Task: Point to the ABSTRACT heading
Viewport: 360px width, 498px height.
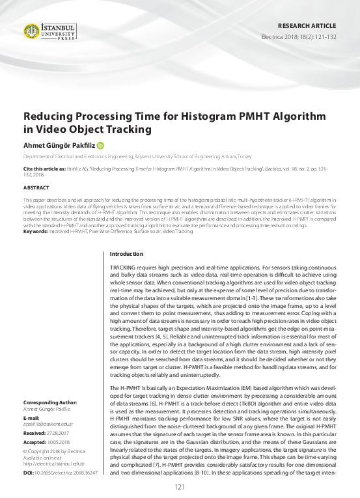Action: (36, 187)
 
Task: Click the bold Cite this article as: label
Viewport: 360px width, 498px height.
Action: (46, 168)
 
